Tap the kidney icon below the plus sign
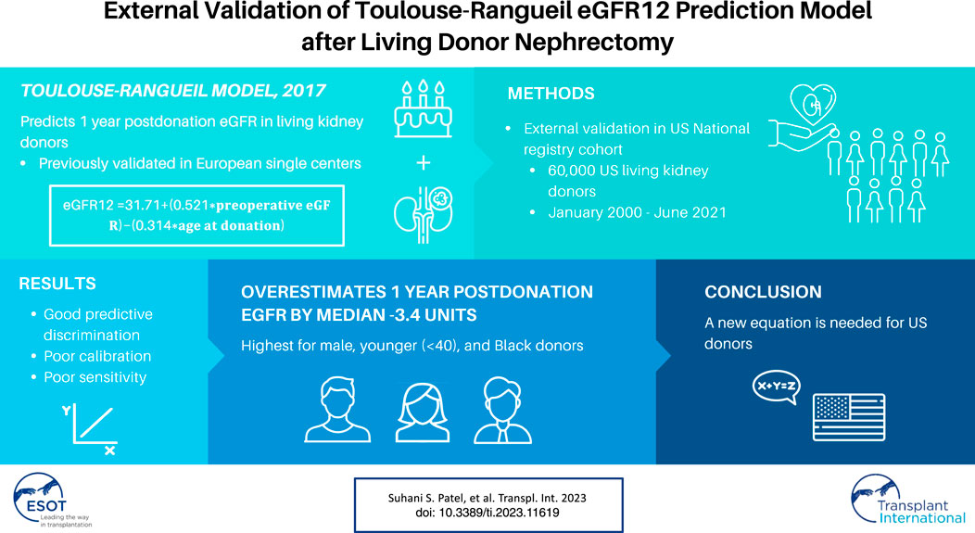click(x=423, y=214)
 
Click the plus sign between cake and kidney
click(x=424, y=163)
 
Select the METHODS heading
click(x=551, y=94)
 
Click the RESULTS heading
click(x=57, y=284)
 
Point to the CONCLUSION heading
click(x=763, y=292)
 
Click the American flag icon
click(x=849, y=417)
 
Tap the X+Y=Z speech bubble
click(x=776, y=387)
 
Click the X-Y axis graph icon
click(x=90, y=429)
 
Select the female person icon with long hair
click(x=423, y=412)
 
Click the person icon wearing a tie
click(x=502, y=411)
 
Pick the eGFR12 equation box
click(x=196, y=215)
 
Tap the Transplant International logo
click(x=908, y=500)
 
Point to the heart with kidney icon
click(x=812, y=105)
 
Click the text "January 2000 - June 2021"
click(x=637, y=212)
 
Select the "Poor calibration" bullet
click(x=97, y=356)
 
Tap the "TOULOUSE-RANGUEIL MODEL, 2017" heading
click(x=173, y=91)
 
